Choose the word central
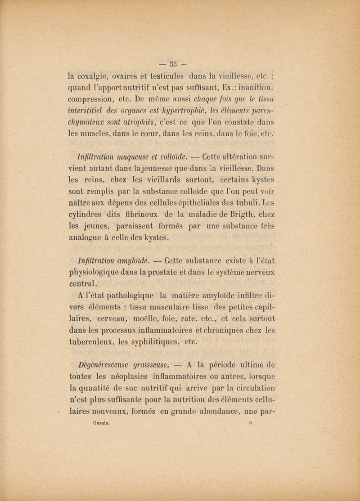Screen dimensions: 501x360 [x=86, y=284]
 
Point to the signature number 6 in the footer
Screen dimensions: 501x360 [x=250, y=423]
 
